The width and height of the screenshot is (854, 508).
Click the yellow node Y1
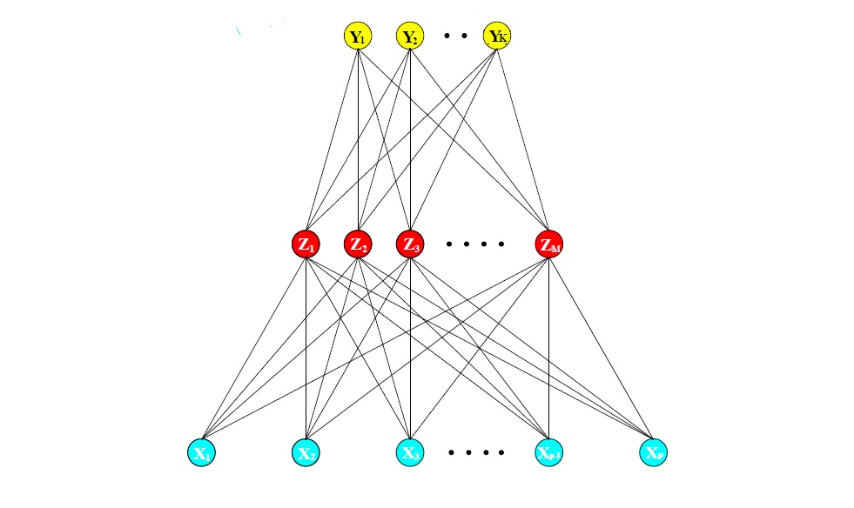point(358,37)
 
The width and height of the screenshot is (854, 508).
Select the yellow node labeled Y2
point(410,37)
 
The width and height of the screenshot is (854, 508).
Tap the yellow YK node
point(498,37)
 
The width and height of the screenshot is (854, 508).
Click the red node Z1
point(306,244)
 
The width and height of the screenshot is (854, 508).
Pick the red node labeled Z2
point(358,244)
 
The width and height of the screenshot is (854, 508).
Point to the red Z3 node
point(410,244)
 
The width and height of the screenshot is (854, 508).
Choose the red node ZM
point(549,244)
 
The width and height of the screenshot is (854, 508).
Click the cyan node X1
point(201,452)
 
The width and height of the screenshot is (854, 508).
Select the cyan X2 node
point(306,452)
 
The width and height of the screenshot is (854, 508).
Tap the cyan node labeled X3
point(410,452)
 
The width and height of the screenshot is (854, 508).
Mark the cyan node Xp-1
point(548,452)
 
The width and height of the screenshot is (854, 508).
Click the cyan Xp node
point(654,452)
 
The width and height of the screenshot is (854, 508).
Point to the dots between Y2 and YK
point(454,37)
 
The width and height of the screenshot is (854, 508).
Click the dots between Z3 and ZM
point(475,244)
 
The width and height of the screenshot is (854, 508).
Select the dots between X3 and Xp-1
point(476,452)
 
